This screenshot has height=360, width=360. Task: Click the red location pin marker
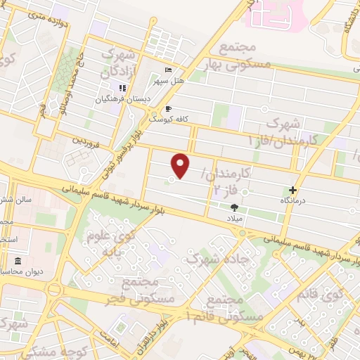point(181,165)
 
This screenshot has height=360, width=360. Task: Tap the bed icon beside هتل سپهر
point(167,70)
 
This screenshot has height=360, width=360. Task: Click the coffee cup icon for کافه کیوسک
point(167,109)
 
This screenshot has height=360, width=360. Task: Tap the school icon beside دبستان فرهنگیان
point(122,89)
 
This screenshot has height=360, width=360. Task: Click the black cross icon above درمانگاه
point(293,190)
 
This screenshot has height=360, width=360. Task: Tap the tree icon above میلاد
point(234,207)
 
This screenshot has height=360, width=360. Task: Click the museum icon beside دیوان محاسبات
point(18,262)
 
